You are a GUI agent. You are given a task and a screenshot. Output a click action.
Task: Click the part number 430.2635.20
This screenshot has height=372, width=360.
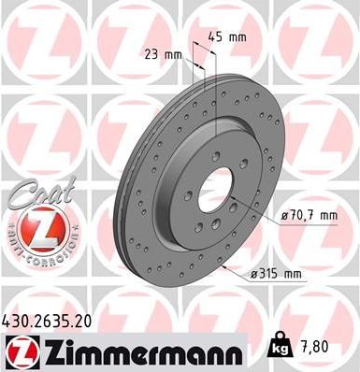point(57,320)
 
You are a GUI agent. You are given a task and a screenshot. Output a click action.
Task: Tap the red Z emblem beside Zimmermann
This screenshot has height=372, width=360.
point(20,351)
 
